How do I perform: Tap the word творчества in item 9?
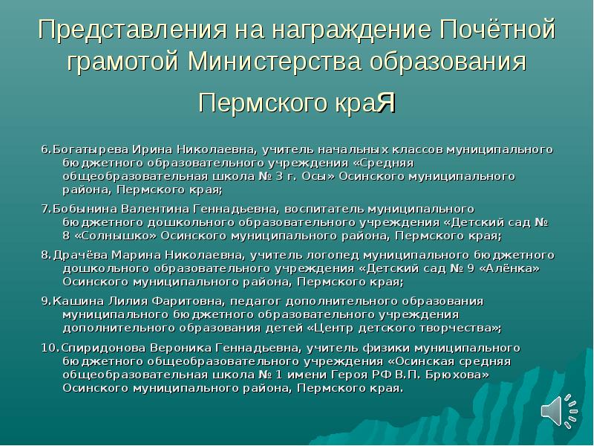[x=458, y=328]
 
